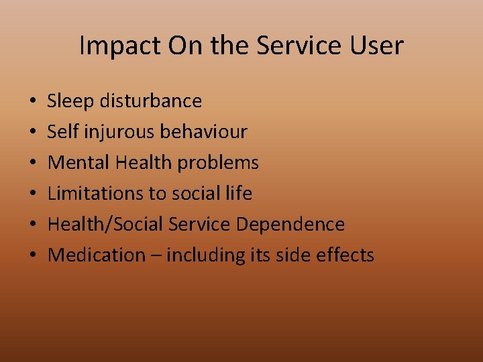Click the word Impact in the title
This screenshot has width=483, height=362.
pos(121,46)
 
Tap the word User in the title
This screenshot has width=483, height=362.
pos(376,46)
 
